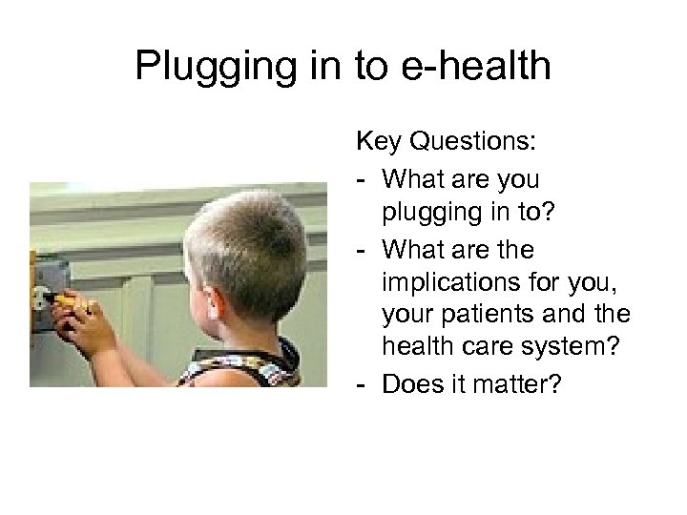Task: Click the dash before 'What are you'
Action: coord(362,178)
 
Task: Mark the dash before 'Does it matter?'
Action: coord(362,385)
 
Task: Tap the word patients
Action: coord(479,316)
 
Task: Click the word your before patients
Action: coord(407,316)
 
